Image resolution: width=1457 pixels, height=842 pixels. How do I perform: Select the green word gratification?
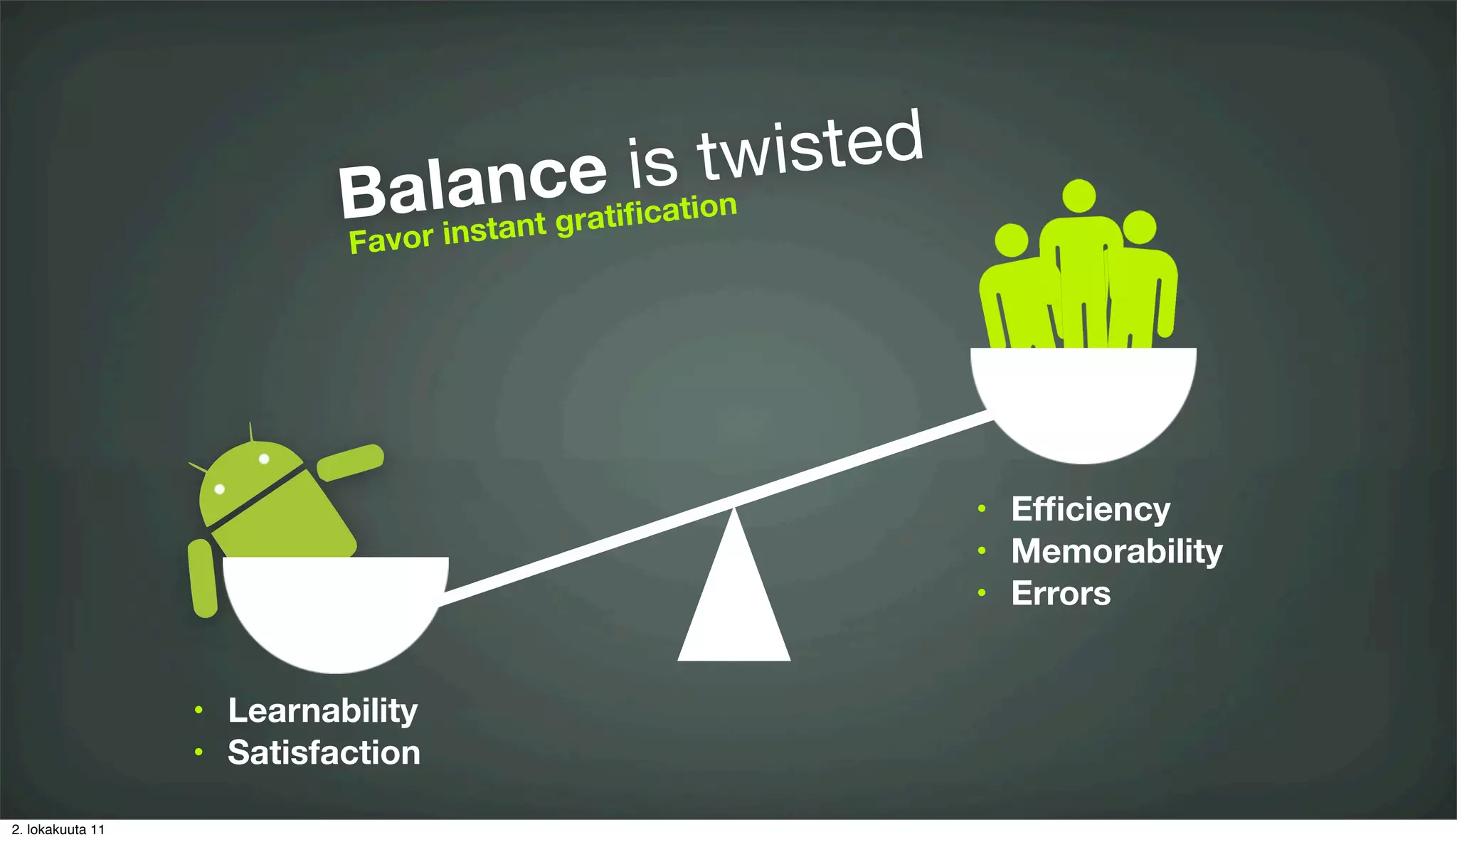(646, 215)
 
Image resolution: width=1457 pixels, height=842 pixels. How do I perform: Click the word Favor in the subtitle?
(391, 239)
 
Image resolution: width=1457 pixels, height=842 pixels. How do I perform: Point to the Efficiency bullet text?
(1091, 510)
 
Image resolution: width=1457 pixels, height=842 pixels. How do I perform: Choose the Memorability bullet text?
(1117, 552)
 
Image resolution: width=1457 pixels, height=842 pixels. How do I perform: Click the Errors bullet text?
(1061, 594)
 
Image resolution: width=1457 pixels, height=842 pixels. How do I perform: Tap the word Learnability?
(322, 710)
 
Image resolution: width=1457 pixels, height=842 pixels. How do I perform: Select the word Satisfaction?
(324, 752)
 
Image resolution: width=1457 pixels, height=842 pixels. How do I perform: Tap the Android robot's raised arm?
(350, 462)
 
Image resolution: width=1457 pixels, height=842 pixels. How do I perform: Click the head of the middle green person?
(1079, 196)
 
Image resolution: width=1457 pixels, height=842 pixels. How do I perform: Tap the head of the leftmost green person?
(1011, 240)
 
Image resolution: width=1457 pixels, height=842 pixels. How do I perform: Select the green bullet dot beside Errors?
(982, 592)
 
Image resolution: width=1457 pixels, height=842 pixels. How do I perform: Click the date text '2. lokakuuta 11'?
(58, 830)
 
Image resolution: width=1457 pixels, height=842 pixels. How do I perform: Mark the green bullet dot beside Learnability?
(199, 710)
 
